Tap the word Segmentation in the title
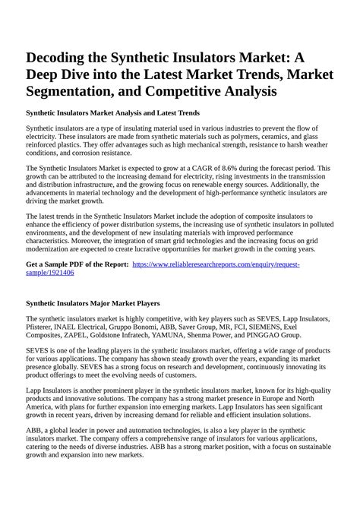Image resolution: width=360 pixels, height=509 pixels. tap(77, 91)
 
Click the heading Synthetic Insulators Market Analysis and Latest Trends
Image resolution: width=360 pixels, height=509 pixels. tap(112, 112)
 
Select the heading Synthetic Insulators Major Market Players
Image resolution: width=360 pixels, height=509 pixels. tap(103, 303)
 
